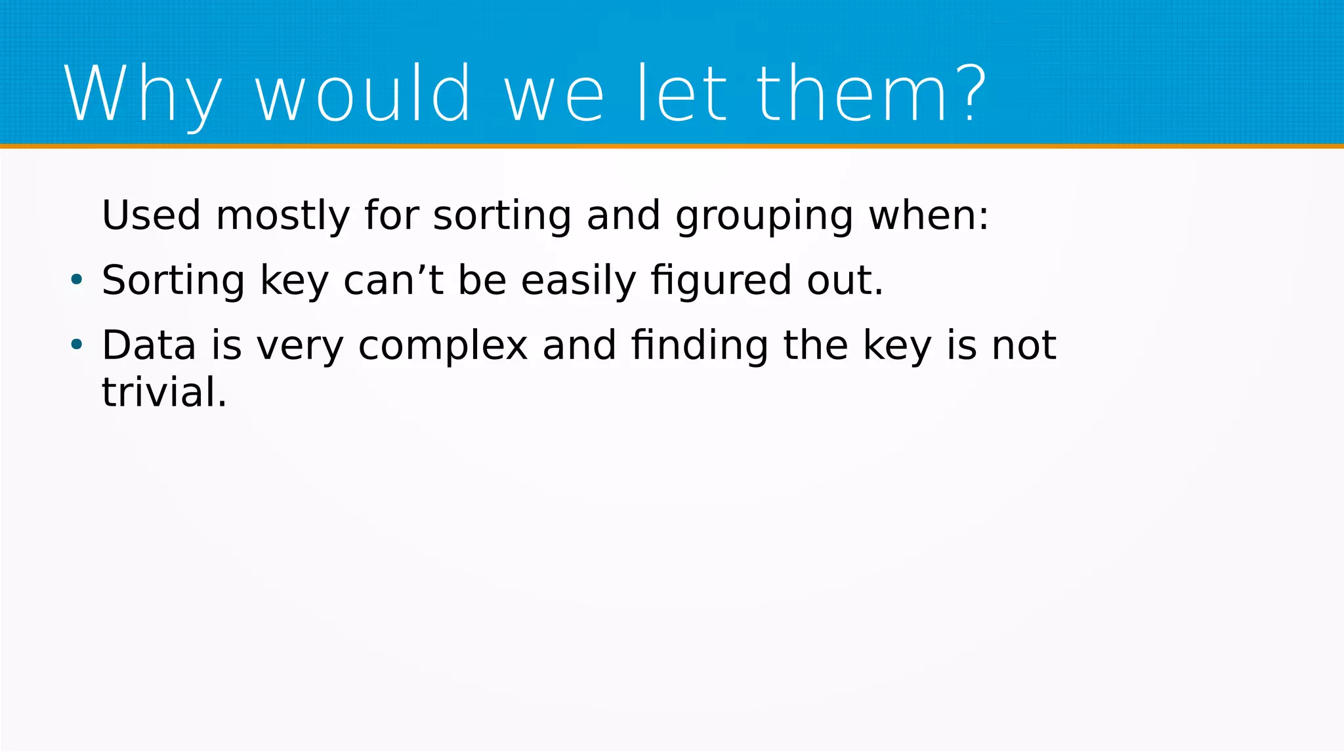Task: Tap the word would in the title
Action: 363,94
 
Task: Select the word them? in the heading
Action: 871,94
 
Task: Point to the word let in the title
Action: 682,94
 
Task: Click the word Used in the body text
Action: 151,215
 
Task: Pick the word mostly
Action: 283,217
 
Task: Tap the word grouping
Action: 765,217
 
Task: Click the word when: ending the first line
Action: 929,215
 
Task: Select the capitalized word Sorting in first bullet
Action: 173,281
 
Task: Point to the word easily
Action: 578,281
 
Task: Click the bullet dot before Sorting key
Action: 77,280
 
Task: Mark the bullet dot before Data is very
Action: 77,345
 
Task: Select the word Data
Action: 149,345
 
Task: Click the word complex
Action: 443,347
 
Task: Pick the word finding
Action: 700,346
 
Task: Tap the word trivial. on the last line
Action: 164,393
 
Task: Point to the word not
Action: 1024,345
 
